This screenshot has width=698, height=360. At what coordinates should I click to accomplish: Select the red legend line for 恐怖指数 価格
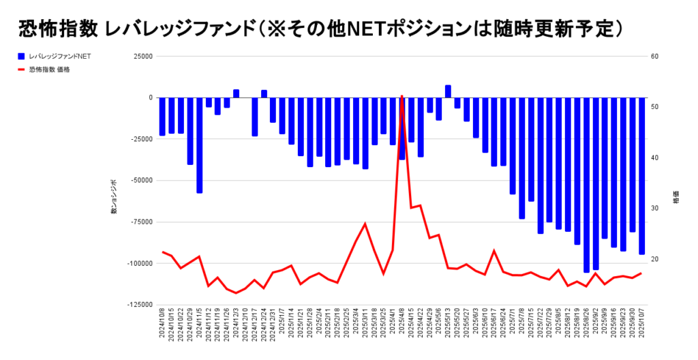[x=22, y=70]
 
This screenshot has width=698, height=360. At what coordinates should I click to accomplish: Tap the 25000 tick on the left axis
[x=143, y=57]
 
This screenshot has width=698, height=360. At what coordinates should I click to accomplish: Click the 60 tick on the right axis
[x=654, y=57]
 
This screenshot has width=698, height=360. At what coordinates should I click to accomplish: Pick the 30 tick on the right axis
[x=654, y=209]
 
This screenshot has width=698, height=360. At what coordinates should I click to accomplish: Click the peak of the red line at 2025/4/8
[x=402, y=97]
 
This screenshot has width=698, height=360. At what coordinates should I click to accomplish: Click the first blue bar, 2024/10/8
[x=163, y=116]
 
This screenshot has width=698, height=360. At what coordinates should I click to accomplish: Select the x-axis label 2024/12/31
[x=273, y=327]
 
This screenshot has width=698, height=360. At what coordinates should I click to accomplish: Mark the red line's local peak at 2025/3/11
[x=365, y=224]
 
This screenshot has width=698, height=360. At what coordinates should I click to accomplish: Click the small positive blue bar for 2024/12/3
[x=236, y=93]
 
